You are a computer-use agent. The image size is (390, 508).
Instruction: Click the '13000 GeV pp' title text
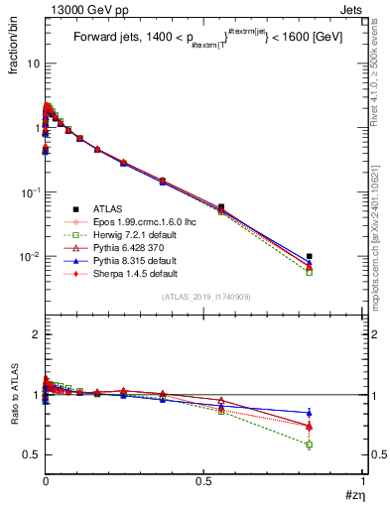[79, 9]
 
